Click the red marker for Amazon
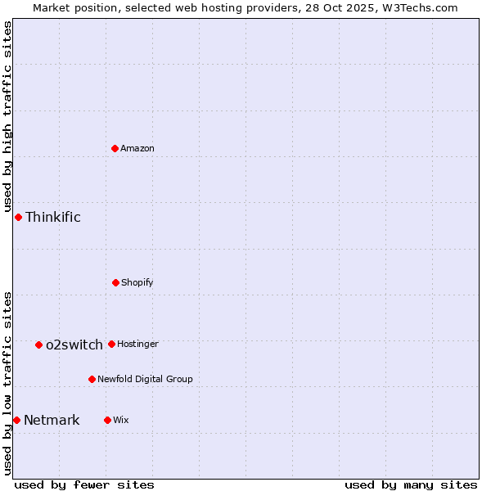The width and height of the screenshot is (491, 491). coord(115,148)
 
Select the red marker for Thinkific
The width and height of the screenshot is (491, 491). coord(18,217)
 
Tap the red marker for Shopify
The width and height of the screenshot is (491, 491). coord(115,282)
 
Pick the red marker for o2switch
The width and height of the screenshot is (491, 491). coord(38,345)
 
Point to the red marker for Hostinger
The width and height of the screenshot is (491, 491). coord(111,344)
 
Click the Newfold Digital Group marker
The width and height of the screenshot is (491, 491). coord(92,379)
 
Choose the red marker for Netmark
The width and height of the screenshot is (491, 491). coord(16,420)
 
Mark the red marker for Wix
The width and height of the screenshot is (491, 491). coord(107,420)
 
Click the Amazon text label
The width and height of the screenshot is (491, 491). coord(137,148)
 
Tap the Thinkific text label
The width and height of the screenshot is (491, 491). coord(53,217)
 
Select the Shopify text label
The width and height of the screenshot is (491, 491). coord(137,282)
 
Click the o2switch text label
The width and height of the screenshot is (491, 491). coord(74,345)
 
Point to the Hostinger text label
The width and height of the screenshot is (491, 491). coord(137,344)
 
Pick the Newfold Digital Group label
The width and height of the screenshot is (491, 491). coord(145,379)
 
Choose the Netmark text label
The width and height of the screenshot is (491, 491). coord(52,420)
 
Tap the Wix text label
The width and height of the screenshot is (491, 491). coord(121,420)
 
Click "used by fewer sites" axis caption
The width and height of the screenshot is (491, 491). coord(84,484)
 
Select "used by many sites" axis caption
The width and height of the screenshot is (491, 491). coord(411,484)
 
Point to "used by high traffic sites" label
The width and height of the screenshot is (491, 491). coord(7,116)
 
